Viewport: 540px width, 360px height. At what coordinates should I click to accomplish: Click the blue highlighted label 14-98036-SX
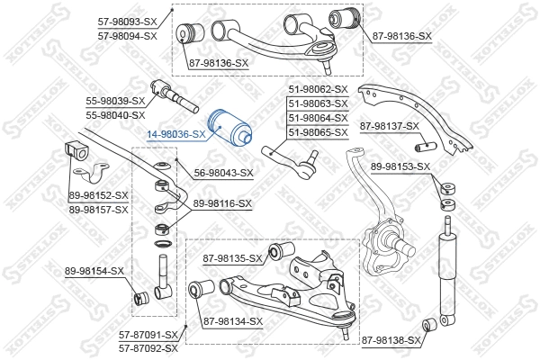click(175, 133)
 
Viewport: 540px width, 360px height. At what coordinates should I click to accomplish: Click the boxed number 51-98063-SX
click(318, 103)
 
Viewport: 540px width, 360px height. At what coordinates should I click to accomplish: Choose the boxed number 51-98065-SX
click(318, 132)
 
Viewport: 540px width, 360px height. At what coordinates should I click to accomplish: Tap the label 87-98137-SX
click(390, 126)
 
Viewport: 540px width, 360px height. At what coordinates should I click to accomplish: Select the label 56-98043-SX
click(224, 173)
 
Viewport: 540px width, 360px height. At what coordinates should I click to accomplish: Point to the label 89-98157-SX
click(98, 209)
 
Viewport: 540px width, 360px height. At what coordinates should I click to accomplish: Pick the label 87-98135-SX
click(232, 259)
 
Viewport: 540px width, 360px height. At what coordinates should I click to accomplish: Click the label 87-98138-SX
click(391, 340)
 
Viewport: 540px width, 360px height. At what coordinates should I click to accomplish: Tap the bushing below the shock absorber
click(431, 323)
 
